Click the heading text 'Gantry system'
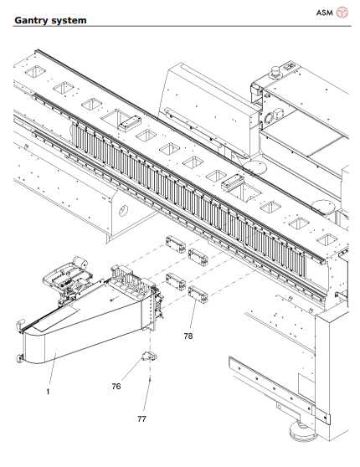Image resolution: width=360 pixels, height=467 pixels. point(50,18)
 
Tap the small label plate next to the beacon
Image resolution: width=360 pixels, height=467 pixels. point(296,67)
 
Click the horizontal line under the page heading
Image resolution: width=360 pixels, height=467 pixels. point(180,26)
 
